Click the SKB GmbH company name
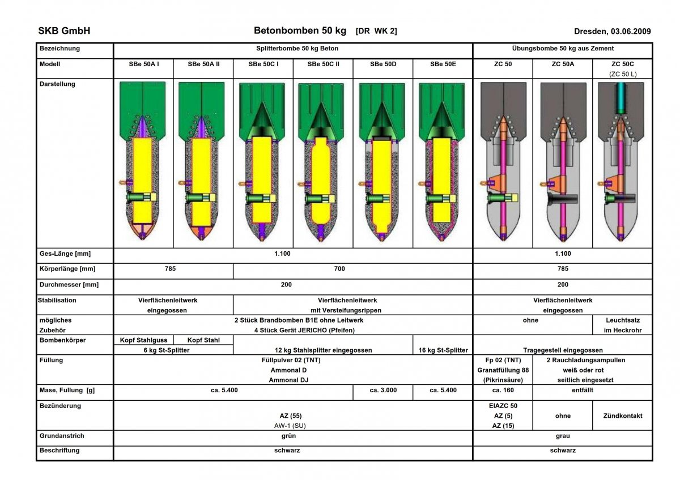(64, 31)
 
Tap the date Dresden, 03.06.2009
(612, 32)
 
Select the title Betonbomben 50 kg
(300, 31)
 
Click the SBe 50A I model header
(144, 65)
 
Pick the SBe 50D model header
(383, 65)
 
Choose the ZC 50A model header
(563, 65)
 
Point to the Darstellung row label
(57, 84)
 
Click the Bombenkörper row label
(62, 340)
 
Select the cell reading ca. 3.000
(383, 391)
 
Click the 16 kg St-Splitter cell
(443, 350)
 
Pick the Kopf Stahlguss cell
(144, 340)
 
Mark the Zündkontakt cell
(623, 415)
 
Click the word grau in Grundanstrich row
(563, 436)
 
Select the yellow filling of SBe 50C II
(323, 181)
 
